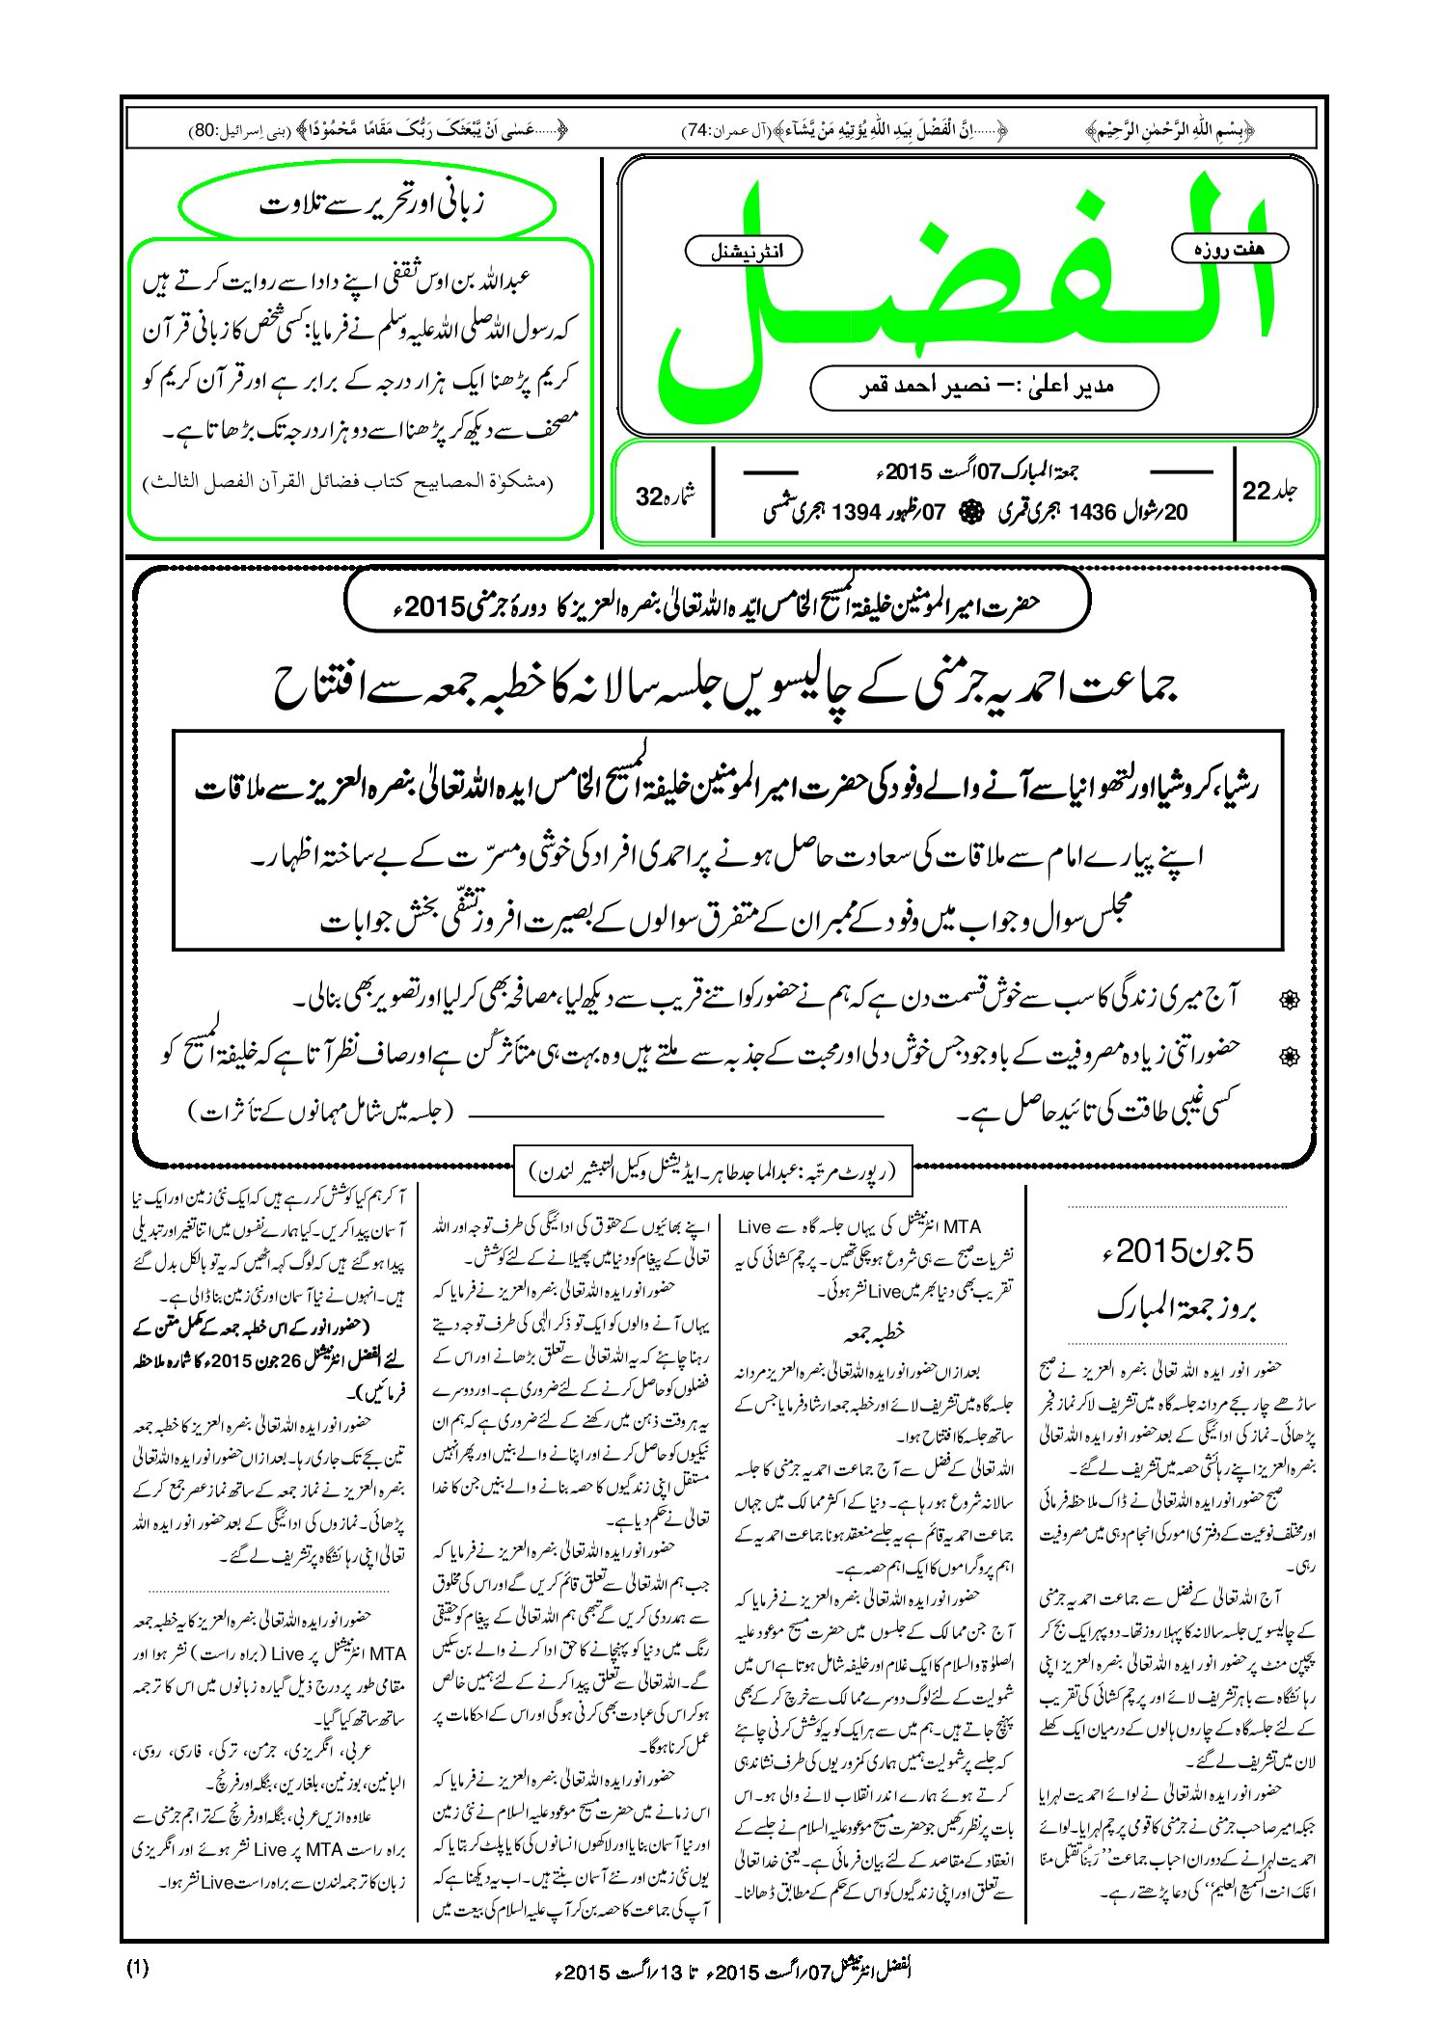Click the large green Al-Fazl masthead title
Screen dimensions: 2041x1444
coord(965,289)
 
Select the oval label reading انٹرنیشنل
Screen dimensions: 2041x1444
coord(744,252)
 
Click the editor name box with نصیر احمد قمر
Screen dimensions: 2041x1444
coord(984,388)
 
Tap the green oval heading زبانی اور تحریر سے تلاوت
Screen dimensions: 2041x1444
coord(368,205)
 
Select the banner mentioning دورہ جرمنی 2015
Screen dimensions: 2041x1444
coord(719,604)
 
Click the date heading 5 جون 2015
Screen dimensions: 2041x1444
coord(1177,1251)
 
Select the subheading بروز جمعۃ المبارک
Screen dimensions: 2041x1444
coord(1177,1307)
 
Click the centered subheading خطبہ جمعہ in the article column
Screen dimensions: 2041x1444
coord(874,1333)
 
